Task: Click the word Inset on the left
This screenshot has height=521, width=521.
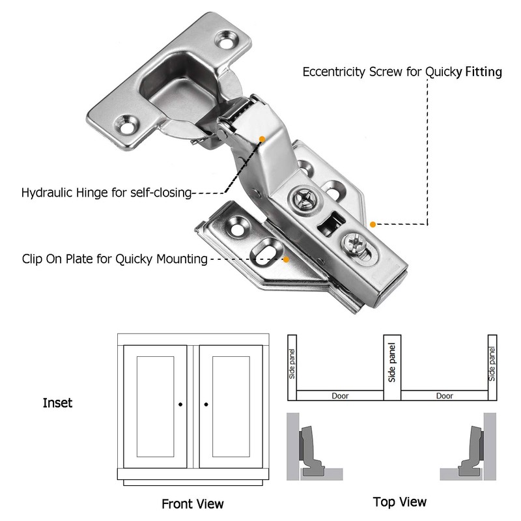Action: click(57, 403)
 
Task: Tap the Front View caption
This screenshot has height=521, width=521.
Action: click(192, 503)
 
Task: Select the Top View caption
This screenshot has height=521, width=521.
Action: click(400, 501)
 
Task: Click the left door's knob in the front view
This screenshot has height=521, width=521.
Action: click(180, 404)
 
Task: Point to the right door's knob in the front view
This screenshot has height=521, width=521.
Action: click(206, 404)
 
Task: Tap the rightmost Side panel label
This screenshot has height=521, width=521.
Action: click(492, 365)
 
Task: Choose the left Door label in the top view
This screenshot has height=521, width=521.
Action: click(340, 395)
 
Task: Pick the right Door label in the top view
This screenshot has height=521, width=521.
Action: click(444, 395)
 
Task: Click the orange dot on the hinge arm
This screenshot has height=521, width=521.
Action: click(262, 139)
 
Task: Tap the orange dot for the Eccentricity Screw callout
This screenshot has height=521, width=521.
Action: click(373, 224)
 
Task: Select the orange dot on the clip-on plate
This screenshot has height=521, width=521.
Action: click(287, 259)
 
